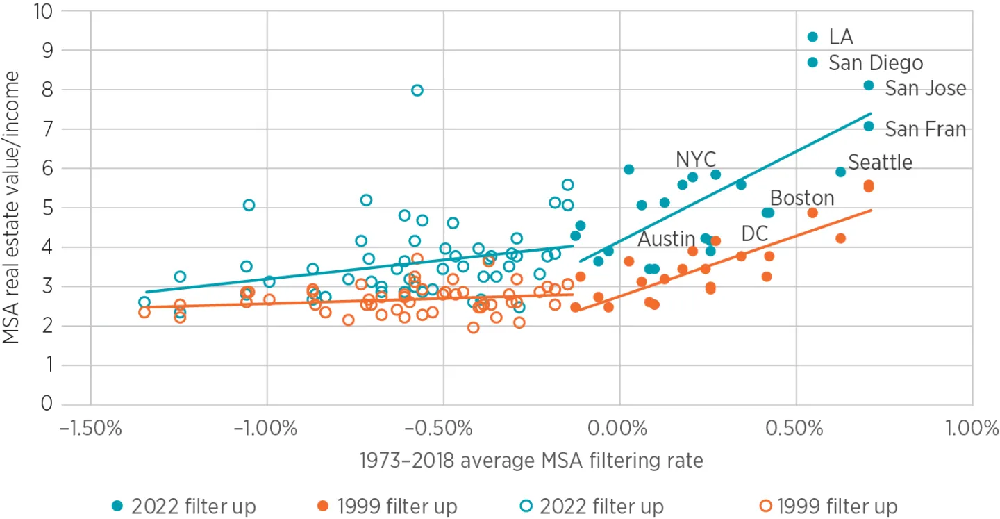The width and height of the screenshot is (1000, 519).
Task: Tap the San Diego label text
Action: pos(876,63)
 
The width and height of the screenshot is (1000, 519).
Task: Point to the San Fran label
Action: pos(925,129)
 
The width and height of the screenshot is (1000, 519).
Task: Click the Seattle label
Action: pos(880,162)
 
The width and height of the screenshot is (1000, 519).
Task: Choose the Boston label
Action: pos(802,198)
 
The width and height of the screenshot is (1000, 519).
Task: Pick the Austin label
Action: pos(667,239)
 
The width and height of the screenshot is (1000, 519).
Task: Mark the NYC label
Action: pos(696,160)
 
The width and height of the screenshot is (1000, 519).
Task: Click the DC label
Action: pos(755,234)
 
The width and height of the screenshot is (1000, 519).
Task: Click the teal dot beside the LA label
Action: pos(813,37)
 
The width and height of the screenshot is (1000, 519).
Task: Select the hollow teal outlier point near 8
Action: pos(417,90)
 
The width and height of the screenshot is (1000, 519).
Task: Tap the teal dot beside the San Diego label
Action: pos(813,63)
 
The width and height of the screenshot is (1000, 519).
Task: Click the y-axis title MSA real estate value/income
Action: pos(12,208)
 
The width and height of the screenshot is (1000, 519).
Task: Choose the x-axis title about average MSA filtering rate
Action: pos(531,460)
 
